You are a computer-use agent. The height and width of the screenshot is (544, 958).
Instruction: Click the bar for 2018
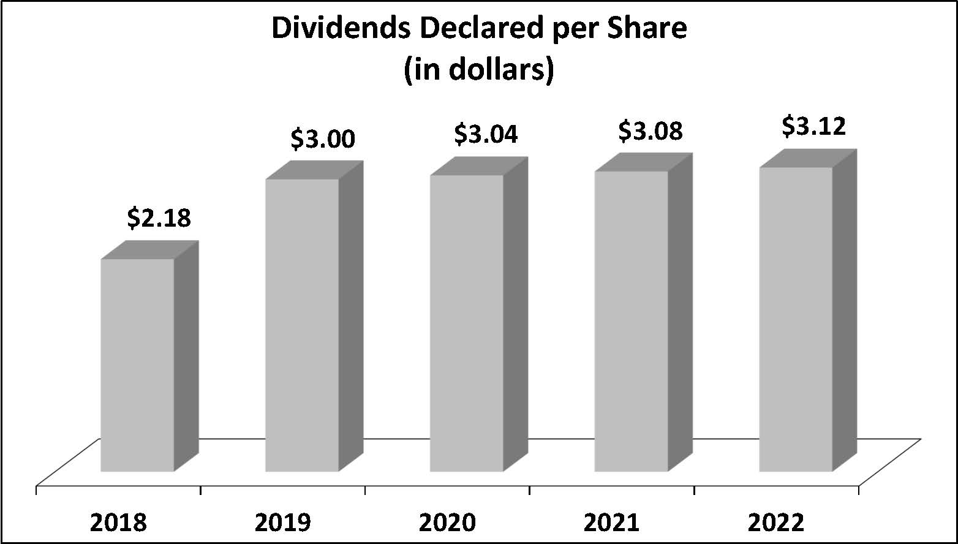(137, 365)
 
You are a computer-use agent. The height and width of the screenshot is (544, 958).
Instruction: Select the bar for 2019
(302, 325)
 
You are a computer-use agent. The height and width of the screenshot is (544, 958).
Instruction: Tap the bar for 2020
(466, 323)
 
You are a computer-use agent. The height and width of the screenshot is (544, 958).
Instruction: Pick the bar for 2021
(631, 322)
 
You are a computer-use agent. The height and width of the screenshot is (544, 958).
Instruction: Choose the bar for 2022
(795, 319)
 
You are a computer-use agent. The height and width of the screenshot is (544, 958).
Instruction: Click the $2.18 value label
(159, 218)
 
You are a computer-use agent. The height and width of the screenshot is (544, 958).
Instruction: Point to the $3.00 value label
(322, 139)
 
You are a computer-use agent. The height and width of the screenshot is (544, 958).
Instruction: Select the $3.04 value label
(486, 134)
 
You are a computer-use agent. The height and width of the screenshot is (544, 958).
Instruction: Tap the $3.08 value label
(651, 130)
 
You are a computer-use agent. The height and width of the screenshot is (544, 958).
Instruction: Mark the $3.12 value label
(815, 126)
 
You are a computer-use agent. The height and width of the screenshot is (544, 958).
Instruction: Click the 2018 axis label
(118, 523)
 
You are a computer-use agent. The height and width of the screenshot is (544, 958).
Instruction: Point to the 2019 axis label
(282, 523)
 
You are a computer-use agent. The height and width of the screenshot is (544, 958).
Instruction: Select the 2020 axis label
(447, 523)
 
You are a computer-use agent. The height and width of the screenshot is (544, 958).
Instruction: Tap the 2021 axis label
(611, 523)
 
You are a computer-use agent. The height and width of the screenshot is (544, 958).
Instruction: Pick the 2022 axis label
(775, 523)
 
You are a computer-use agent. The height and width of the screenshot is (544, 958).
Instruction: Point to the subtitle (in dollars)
(478, 70)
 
